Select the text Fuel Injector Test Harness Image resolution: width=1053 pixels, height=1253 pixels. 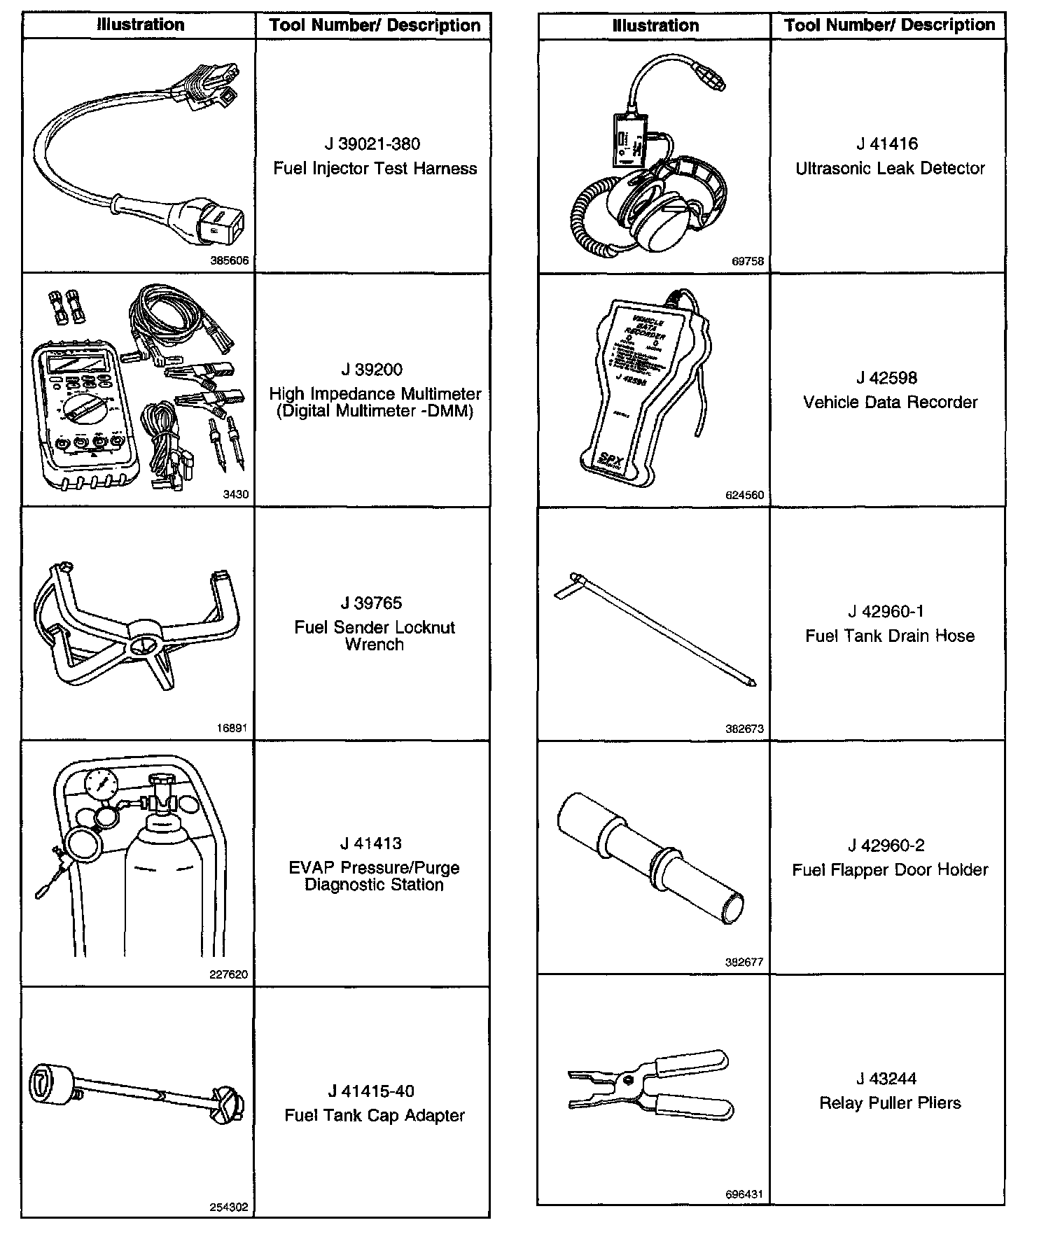pos(375,169)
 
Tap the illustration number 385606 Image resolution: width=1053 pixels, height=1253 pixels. pos(230,260)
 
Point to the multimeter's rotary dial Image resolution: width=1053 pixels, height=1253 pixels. pos(85,407)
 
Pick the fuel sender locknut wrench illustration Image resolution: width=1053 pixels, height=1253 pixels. pos(137,619)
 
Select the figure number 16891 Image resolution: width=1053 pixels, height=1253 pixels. pos(232,728)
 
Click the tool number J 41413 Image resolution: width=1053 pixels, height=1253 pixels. pos(374,843)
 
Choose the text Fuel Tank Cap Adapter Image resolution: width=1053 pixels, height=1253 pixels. pos(375,1115)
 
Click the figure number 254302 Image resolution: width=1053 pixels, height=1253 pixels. pos(229,1207)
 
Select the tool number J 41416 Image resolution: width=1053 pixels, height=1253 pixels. pos(886,144)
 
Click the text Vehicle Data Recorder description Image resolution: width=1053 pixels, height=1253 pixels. pos(890,402)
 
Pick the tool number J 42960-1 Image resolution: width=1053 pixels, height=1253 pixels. pos(886,612)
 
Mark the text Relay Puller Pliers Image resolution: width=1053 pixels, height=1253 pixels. pos(890,1103)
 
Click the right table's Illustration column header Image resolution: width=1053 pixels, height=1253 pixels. pos(655,26)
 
